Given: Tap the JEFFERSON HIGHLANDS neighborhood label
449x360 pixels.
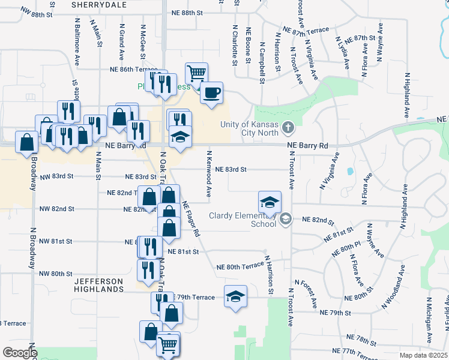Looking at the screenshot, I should [99, 285].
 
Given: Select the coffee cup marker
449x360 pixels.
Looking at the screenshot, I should [211, 92].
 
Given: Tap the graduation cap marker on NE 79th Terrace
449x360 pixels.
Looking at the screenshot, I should [235, 296].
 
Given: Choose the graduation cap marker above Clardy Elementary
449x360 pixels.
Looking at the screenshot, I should [270, 201].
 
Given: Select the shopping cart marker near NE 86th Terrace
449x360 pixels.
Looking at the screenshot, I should [196, 73].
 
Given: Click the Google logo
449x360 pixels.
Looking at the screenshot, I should [19, 353].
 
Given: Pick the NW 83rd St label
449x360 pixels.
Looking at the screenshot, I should [56, 176].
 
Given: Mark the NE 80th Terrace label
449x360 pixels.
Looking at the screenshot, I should [240, 266].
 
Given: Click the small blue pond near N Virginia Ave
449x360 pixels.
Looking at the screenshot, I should [349, 171].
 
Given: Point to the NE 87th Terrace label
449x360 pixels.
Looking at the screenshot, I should [307, 29].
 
